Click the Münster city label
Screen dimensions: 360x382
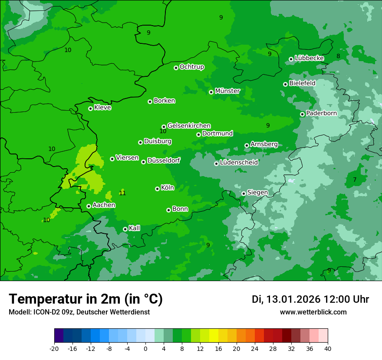227,91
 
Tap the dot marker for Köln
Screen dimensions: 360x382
157,189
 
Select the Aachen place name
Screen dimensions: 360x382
104,205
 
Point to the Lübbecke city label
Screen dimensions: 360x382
309,58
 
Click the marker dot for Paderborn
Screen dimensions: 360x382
302,114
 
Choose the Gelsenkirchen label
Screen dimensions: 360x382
189,126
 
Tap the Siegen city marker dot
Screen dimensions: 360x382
244,193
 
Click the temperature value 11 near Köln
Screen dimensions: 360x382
122,193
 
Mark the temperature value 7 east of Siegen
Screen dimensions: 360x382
355,180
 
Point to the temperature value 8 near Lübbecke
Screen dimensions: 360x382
338,56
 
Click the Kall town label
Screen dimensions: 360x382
135,228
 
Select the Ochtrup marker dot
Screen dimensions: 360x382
176,68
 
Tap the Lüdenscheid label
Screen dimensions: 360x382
239,163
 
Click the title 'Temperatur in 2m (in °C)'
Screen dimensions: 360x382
86,299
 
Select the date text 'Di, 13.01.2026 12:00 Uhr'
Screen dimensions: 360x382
310,299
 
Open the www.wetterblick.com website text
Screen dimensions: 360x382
313,312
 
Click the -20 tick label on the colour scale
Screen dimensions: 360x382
54,348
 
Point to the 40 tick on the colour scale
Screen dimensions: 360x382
328,348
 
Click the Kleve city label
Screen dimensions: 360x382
102,108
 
